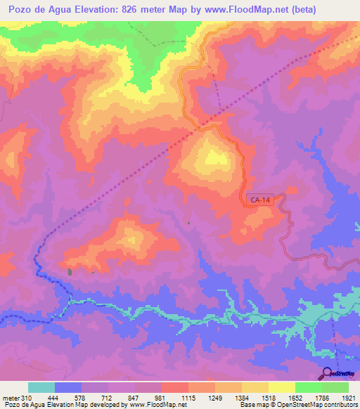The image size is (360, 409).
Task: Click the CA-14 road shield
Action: point(260,200)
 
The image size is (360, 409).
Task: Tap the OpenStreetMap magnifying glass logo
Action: point(326,373)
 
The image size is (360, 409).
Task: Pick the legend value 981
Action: point(161,398)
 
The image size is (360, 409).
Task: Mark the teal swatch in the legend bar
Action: point(41,387)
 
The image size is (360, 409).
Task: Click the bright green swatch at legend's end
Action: point(335,387)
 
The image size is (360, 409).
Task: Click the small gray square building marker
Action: point(69,271)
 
